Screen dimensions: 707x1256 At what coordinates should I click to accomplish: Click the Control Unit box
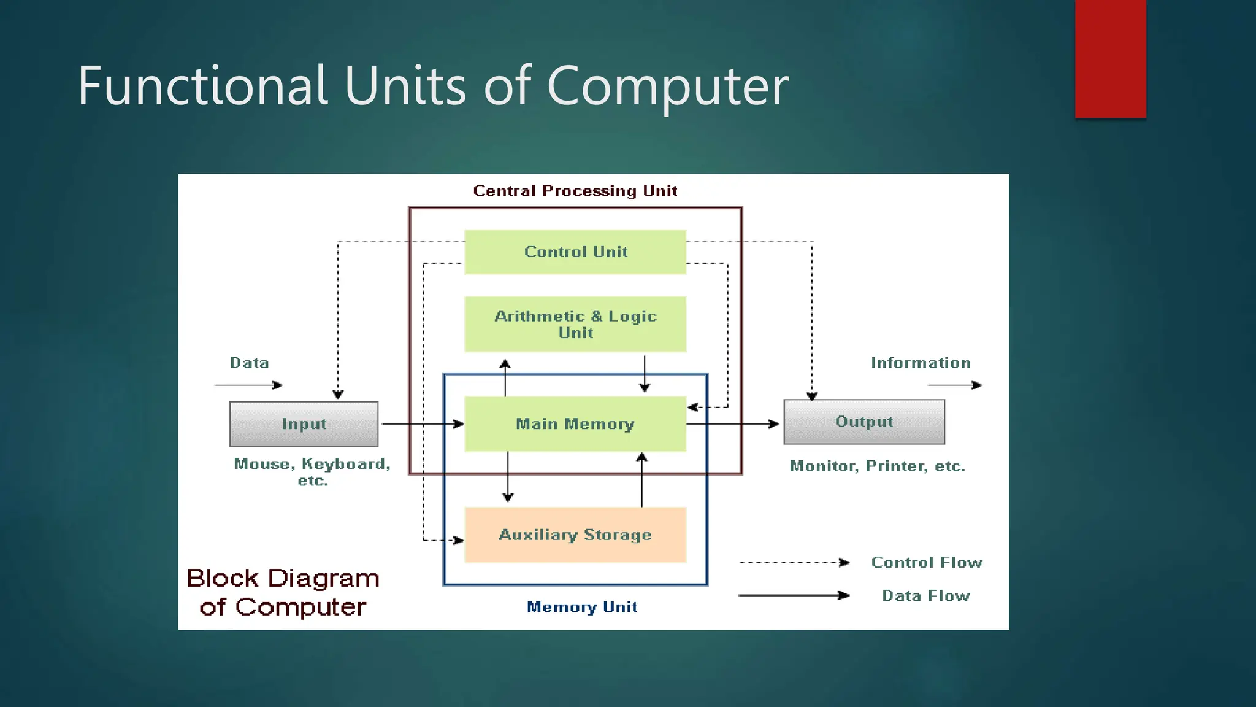pyautogui.click(x=575, y=252)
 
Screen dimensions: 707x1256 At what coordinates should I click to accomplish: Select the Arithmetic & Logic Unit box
pyautogui.click(x=575, y=324)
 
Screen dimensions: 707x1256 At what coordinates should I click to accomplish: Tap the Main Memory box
pyautogui.click(x=575, y=424)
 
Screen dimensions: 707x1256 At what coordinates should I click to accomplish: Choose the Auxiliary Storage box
pyautogui.click(x=575, y=535)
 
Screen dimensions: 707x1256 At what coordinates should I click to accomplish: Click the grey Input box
pyautogui.click(x=304, y=424)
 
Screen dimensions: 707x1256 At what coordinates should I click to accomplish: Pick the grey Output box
pyautogui.click(x=864, y=422)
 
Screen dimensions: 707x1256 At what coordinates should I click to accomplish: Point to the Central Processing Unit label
pyautogui.click(x=575, y=191)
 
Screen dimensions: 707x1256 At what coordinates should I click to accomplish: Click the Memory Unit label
pyautogui.click(x=582, y=607)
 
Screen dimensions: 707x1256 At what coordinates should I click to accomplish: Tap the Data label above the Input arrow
pyautogui.click(x=249, y=363)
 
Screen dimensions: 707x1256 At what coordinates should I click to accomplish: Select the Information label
pyautogui.click(x=921, y=363)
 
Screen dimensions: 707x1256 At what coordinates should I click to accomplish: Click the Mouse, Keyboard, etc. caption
pyautogui.click(x=312, y=471)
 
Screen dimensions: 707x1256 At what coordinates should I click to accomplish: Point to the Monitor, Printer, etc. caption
pyautogui.click(x=877, y=466)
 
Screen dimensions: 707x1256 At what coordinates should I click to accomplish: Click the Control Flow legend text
pyautogui.click(x=927, y=562)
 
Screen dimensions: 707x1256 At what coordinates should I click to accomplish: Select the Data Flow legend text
pyautogui.click(x=926, y=595)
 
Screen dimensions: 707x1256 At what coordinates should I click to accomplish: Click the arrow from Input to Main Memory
pyautogui.click(x=422, y=424)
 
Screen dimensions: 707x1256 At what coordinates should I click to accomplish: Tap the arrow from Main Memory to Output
pyautogui.click(x=732, y=424)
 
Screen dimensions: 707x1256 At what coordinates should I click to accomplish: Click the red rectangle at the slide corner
pyautogui.click(x=1110, y=58)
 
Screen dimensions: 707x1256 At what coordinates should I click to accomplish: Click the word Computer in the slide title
pyautogui.click(x=667, y=85)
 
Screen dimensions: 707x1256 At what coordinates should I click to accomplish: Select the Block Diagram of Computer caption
pyautogui.click(x=283, y=592)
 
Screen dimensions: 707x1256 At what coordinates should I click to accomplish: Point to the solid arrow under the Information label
pyautogui.click(x=954, y=385)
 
